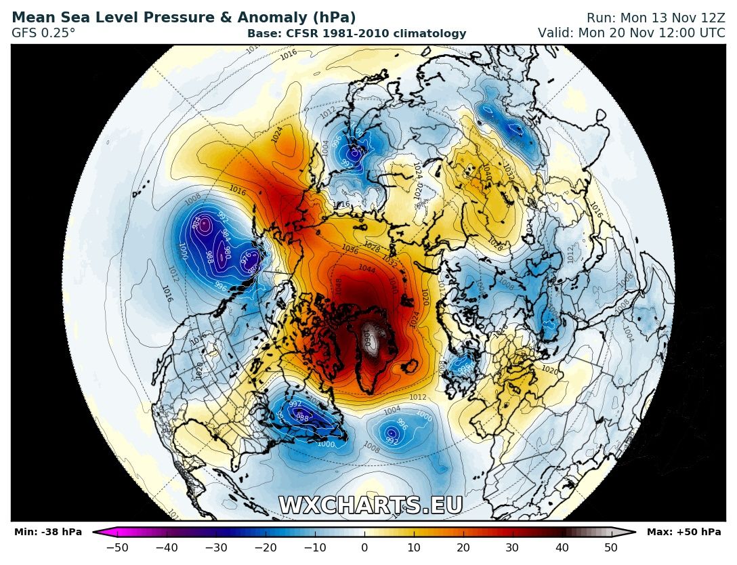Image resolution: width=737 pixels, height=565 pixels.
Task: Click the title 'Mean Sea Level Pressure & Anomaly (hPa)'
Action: click(184, 18)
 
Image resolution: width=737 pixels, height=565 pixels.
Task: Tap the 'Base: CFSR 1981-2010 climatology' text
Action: click(356, 33)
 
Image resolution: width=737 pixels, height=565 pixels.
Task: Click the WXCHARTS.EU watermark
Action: click(371, 505)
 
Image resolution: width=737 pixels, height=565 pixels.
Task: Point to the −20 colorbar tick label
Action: click(265, 548)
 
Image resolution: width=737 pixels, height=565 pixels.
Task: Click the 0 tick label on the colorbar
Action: click(364, 548)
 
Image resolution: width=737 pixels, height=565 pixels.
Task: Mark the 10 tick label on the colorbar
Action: click(414, 548)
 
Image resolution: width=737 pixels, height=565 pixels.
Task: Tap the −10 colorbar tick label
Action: click(314, 548)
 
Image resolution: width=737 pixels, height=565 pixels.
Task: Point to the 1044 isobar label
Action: click(366, 269)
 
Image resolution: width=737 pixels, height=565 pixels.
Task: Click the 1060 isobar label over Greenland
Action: click(369, 337)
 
